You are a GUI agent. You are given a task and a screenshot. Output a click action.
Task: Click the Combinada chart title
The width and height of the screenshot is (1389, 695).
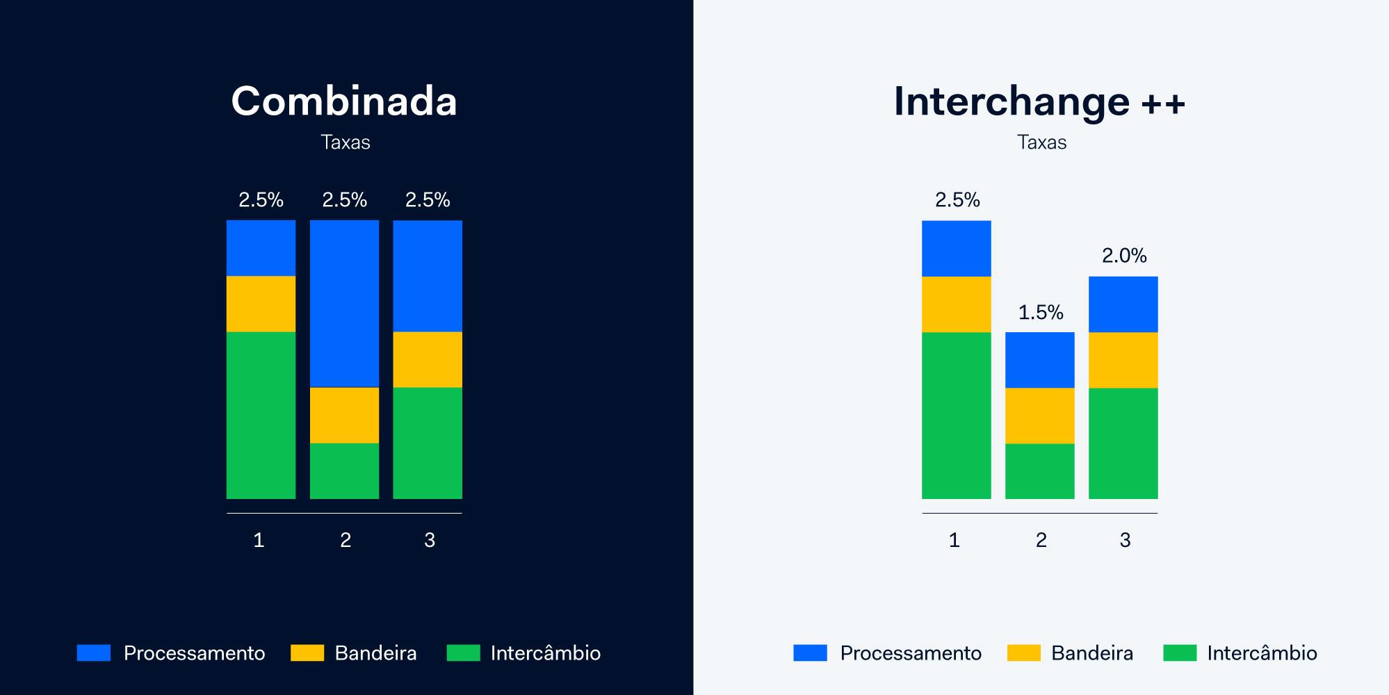tap(344, 101)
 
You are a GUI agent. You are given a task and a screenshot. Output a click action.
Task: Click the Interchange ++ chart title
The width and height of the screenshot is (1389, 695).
tap(1039, 101)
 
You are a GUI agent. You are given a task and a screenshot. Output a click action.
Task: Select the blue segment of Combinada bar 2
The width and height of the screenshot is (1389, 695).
tap(344, 304)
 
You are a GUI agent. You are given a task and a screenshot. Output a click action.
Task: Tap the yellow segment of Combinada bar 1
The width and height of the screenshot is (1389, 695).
tap(261, 304)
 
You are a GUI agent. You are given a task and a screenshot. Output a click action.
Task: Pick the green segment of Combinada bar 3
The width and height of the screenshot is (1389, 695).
tap(428, 443)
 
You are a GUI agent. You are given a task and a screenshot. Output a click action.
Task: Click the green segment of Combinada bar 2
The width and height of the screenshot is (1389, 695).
tap(344, 471)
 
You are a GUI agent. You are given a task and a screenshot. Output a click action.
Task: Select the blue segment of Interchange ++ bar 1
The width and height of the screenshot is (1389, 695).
tap(957, 249)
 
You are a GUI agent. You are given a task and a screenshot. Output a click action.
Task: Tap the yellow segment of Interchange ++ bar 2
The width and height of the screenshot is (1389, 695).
tap(1040, 416)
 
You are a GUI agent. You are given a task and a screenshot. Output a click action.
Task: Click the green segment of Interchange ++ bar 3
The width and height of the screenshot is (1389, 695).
tap(1123, 443)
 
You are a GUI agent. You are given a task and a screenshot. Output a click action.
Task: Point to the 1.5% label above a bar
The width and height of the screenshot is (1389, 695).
tap(1041, 313)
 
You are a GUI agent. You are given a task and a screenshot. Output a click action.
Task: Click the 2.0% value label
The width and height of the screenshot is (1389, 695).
tap(1124, 256)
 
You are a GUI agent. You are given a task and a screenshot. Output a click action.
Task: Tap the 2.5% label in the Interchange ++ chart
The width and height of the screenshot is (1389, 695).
tap(957, 200)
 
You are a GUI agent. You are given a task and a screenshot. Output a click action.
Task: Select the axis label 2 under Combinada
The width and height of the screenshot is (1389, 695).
tap(346, 540)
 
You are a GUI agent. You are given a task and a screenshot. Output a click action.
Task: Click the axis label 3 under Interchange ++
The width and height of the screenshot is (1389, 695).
tap(1125, 540)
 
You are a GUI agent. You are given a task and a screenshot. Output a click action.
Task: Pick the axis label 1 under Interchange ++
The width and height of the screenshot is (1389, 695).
tap(955, 540)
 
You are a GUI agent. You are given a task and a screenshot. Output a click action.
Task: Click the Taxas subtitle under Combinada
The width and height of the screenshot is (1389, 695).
tap(346, 142)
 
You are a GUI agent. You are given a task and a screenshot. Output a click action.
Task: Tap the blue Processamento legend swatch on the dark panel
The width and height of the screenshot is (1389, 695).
tap(94, 653)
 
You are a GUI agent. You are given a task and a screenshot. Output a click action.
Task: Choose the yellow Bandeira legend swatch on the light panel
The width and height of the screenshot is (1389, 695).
tap(1024, 653)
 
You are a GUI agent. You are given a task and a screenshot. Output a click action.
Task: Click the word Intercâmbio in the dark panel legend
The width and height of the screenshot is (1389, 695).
tap(546, 653)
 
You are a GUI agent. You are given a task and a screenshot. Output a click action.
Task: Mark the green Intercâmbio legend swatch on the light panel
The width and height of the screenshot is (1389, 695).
tap(1180, 653)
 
